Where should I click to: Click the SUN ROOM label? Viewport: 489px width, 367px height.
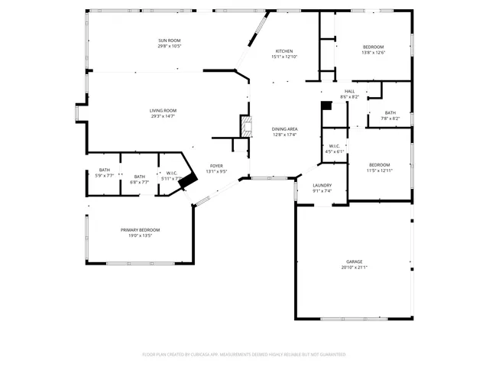[x=170, y=41]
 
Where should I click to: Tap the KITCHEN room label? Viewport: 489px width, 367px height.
[x=283, y=51]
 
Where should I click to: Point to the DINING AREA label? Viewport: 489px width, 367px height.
[x=284, y=129]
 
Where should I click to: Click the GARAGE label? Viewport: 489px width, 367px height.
[x=354, y=261]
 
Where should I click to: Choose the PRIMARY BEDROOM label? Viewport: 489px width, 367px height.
[x=140, y=229]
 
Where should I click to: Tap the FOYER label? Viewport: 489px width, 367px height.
[x=217, y=166]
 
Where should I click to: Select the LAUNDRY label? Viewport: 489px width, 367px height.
[x=322, y=185]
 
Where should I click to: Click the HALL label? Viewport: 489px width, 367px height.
[x=349, y=92]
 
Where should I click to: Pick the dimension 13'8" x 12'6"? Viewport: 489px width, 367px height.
[x=373, y=53]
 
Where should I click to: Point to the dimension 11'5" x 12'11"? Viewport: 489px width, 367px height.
[x=380, y=171]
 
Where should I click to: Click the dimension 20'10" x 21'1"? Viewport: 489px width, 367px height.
[x=354, y=268]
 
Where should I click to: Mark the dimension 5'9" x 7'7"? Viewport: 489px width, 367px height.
[x=104, y=176]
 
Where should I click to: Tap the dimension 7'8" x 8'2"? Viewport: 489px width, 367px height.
[x=390, y=119]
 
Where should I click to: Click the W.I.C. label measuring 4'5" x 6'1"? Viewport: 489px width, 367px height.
[x=335, y=146]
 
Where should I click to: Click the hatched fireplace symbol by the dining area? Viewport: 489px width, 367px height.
[x=246, y=126]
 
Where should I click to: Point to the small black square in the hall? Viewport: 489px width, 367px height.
[x=326, y=106]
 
